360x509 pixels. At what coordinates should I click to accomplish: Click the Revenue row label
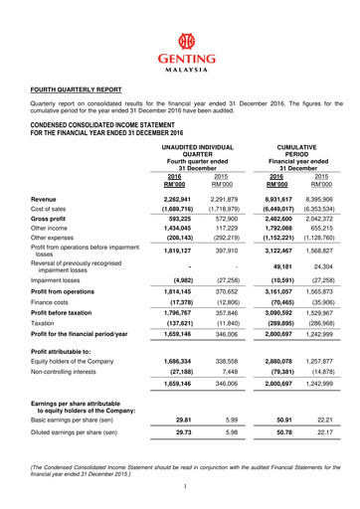click(44, 172)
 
